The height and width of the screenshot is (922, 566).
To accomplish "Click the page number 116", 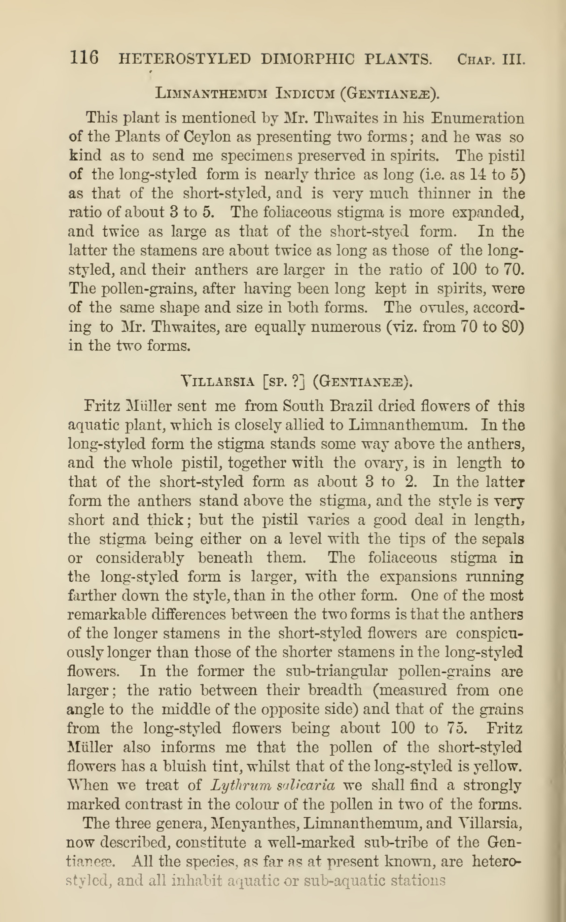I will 84,58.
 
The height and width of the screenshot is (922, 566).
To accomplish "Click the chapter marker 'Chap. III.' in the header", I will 491,59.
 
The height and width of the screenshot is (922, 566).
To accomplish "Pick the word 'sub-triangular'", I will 336,671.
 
